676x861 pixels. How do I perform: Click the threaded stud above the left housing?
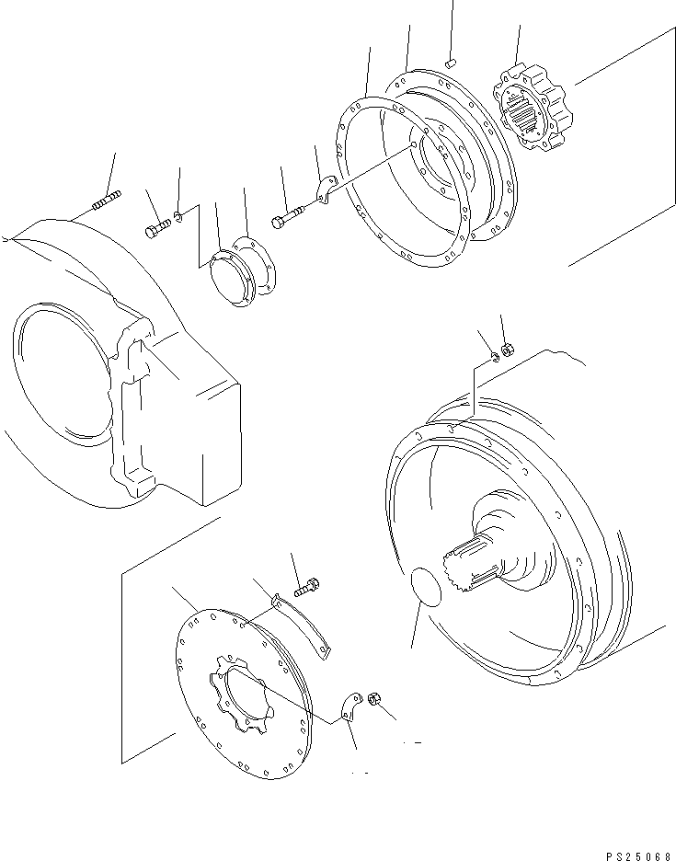tap(107, 200)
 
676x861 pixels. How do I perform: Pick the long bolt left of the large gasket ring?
tap(288, 216)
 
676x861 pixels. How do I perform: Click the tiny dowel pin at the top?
tap(451, 63)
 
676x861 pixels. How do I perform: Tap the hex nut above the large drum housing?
tap(508, 348)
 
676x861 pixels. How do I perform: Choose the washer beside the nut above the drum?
tap(494, 357)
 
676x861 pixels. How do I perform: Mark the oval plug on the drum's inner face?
tap(426, 587)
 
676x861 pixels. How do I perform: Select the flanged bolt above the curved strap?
tap(307, 587)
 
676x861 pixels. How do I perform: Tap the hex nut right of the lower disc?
tap(374, 699)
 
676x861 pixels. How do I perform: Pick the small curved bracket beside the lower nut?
tap(350, 706)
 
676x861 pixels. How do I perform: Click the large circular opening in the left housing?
tap(62, 374)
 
